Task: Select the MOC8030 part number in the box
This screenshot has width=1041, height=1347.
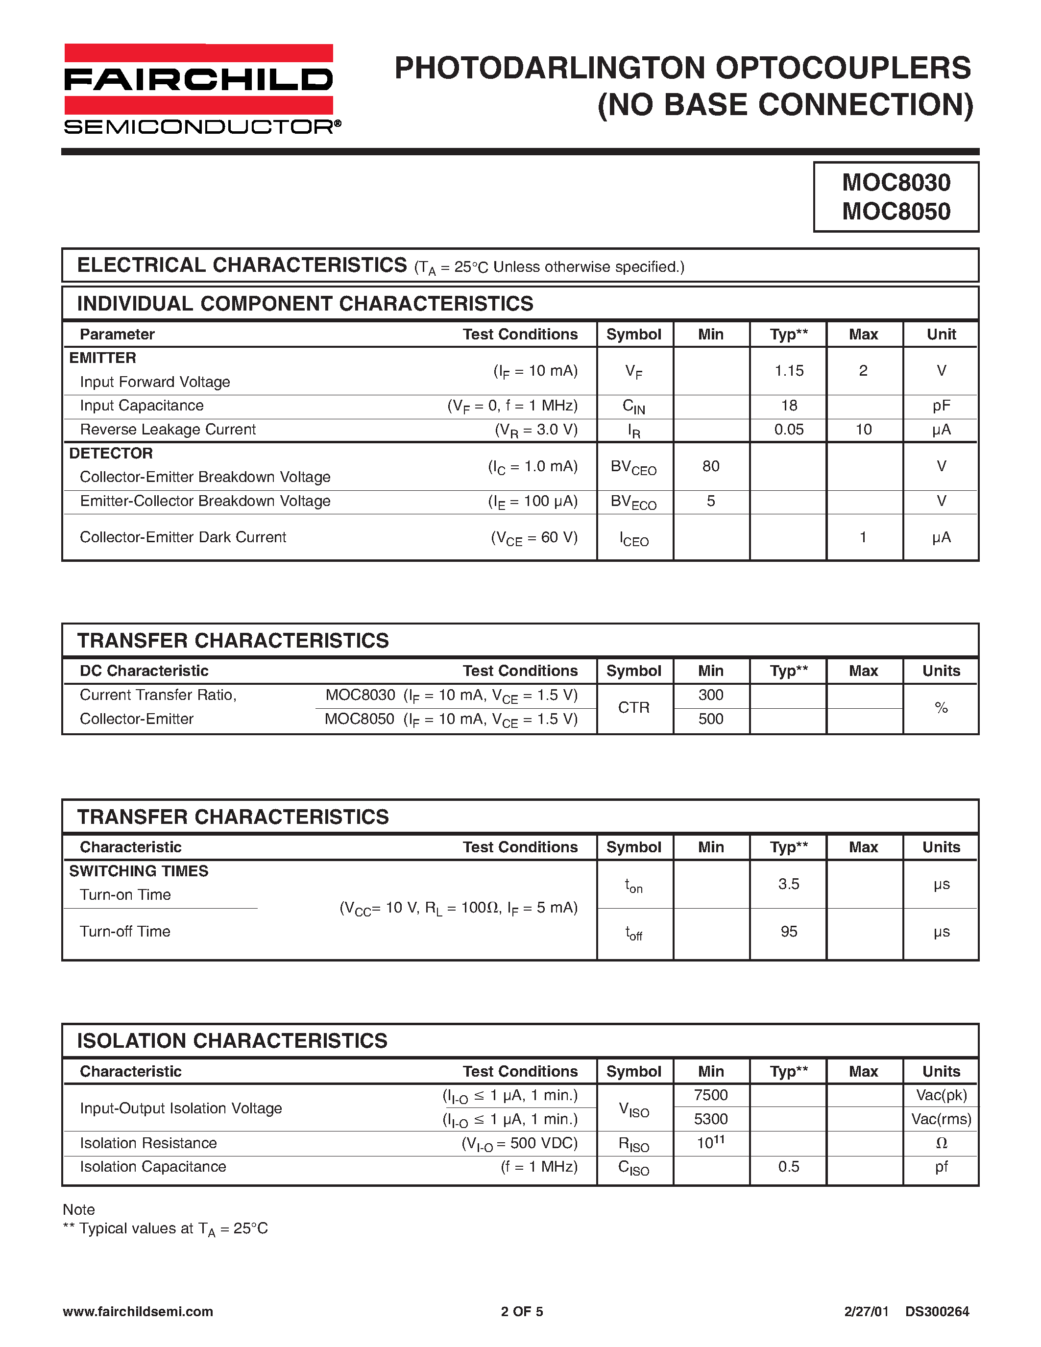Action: [896, 183]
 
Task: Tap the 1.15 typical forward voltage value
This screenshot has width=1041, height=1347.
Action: [789, 371]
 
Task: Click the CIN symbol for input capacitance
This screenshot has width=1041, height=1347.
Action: [634, 407]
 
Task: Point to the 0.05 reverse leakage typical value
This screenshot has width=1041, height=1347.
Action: [789, 430]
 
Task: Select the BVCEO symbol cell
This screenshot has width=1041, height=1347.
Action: [634, 467]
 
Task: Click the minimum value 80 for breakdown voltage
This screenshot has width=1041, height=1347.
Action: [710, 466]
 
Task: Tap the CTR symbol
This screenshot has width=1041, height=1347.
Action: [634, 707]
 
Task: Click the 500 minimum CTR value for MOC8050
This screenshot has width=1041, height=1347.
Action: [710, 719]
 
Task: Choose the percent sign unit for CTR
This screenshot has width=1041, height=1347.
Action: [941, 708]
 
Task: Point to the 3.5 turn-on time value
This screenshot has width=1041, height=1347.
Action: [789, 884]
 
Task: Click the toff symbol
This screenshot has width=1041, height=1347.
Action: [634, 933]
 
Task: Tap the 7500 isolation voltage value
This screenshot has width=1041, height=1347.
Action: [710, 1095]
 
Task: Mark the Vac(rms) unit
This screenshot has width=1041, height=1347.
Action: [941, 1119]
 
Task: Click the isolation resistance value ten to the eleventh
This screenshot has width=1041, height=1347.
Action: [710, 1142]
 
